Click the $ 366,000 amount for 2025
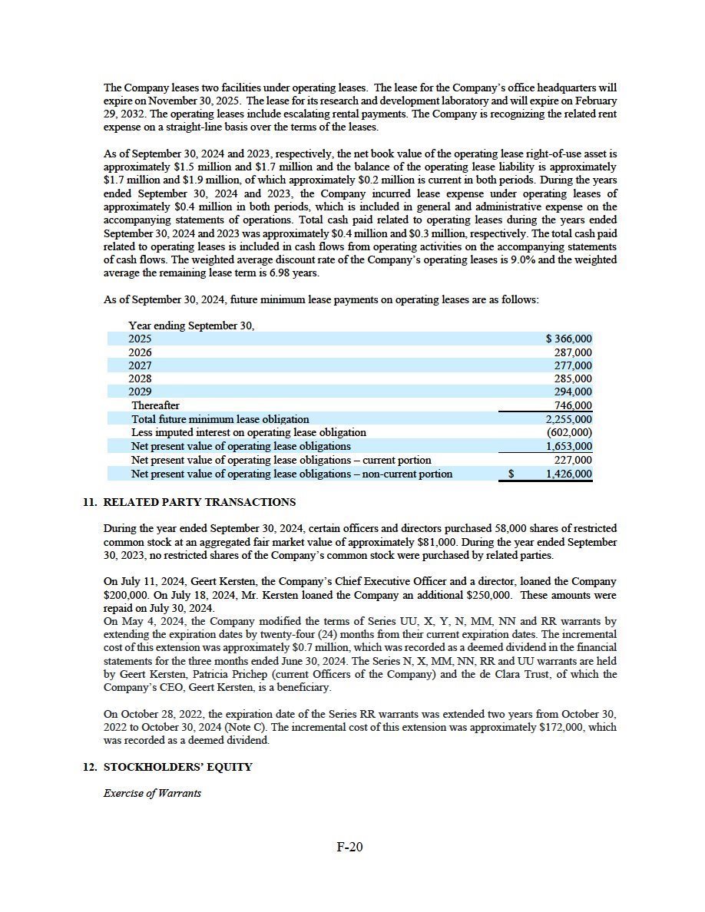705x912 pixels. coord(568,339)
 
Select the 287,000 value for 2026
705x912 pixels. coord(573,352)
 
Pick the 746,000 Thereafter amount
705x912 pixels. coord(573,406)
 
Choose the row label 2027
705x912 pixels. coord(140,365)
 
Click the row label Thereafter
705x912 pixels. coord(155,405)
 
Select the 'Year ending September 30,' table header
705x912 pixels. coord(191,325)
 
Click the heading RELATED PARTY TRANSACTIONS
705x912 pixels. coord(199,502)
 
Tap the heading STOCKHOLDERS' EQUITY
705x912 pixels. coord(177,767)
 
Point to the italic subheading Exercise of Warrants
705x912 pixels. coord(152,793)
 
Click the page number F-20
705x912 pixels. coord(349,848)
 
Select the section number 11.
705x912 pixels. coord(90,502)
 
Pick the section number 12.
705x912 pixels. coord(90,767)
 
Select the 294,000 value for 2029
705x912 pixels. coord(573,392)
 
